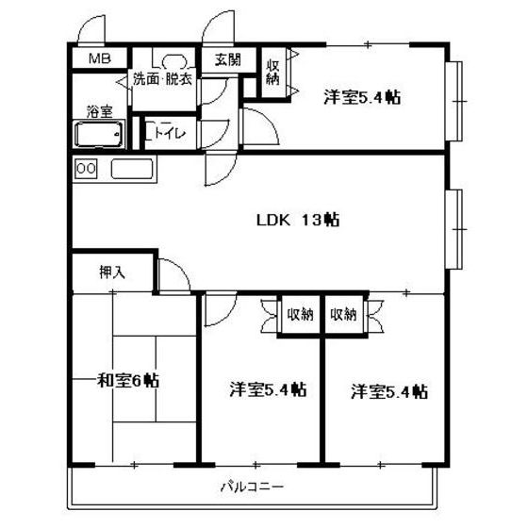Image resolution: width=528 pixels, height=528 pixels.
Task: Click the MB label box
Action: click(x=99, y=58)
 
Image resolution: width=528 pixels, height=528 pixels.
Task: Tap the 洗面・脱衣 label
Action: click(x=162, y=79)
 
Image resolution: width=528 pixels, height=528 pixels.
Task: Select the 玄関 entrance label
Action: click(x=227, y=58)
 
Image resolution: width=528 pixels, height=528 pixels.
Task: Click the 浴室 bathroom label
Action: click(x=99, y=111)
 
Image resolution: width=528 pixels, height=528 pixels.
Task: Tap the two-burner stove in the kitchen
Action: click(x=86, y=169)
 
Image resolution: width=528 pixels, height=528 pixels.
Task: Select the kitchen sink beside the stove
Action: click(x=131, y=170)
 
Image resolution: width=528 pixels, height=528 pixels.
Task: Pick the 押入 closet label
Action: click(x=111, y=273)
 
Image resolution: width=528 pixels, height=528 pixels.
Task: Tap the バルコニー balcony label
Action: click(x=253, y=487)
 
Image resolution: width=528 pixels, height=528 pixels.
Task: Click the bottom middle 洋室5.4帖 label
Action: click(x=268, y=388)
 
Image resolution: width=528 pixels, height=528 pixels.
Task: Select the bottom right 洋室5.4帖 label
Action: click(x=389, y=388)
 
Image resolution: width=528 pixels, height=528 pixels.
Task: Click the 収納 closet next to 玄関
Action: click(x=272, y=73)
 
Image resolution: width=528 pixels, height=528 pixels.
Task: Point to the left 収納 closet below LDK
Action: click(x=301, y=314)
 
